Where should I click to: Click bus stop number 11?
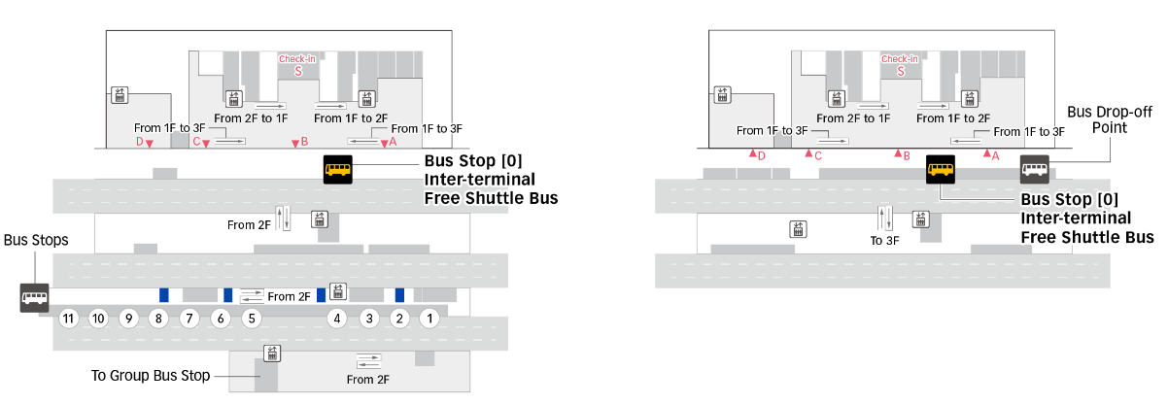68,319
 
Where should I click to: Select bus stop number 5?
252,319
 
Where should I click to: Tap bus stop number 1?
429,319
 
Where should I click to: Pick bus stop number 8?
158,319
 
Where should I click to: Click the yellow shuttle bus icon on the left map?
338,169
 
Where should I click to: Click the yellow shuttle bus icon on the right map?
941,169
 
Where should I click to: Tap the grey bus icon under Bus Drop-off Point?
1035,169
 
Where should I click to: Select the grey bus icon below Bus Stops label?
34,298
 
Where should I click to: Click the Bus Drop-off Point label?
1110,119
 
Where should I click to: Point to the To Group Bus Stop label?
151,375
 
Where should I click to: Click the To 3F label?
885,240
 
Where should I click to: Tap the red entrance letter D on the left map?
139,141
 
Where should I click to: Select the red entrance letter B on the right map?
907,155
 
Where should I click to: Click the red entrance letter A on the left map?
394,141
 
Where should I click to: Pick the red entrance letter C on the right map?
818,155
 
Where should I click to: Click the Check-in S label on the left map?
297,65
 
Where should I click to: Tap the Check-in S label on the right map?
900,65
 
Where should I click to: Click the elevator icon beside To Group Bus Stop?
272,353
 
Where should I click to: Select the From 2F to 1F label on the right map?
853,118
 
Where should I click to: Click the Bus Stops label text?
36,240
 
